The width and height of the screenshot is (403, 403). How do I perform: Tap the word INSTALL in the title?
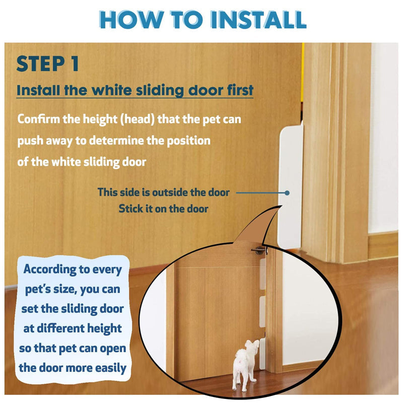pos(258,19)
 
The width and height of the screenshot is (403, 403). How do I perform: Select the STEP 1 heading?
pos(47,63)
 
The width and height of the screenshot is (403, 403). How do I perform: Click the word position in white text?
pos(188,141)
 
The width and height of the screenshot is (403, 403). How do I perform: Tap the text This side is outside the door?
pos(163,192)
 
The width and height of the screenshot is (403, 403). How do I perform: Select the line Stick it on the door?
pos(163,209)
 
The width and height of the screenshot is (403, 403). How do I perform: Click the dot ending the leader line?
pos(287,193)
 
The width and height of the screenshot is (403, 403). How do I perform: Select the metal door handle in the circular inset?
pos(259,250)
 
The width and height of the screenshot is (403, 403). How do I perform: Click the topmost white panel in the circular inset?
pos(262,274)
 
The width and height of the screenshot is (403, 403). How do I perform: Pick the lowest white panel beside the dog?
pos(262,354)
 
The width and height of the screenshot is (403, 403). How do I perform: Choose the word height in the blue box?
pos(104,329)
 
